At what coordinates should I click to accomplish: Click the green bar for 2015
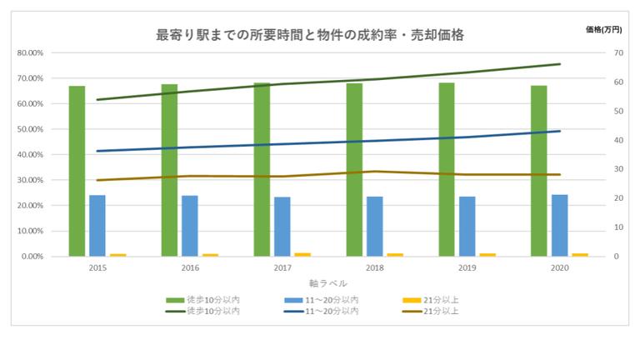tap(77, 171)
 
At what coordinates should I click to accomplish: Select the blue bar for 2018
tap(374, 226)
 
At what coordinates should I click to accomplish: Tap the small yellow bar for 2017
tap(303, 254)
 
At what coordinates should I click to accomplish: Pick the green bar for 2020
tap(538, 171)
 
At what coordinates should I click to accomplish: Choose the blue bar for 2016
tap(190, 226)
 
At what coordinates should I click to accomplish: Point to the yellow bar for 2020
tap(580, 254)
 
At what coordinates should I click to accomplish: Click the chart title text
tap(310, 35)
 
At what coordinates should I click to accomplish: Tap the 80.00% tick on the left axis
tap(30, 52)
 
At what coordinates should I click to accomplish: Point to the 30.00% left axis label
tap(30, 180)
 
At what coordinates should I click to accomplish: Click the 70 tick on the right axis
tap(617, 52)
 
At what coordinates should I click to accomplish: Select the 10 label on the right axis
tap(617, 227)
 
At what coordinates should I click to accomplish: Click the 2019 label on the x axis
tap(467, 268)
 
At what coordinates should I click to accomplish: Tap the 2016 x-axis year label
tap(190, 268)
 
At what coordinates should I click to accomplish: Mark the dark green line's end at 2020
tap(559, 64)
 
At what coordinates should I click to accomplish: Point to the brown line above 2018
tap(374, 172)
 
